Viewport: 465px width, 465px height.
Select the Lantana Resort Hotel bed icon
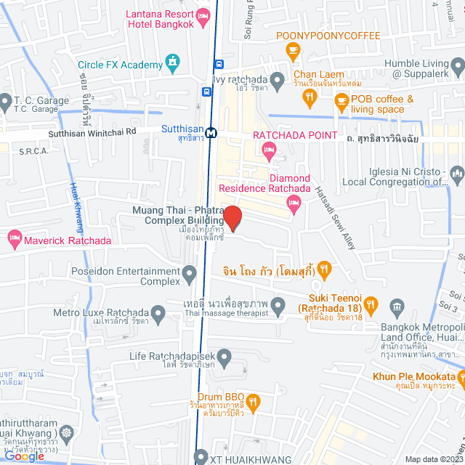pyautogui.click(x=204, y=15)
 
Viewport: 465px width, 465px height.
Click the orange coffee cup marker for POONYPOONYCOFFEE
pyautogui.click(x=293, y=50)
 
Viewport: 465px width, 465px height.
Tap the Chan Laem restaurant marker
pyautogui.click(x=310, y=96)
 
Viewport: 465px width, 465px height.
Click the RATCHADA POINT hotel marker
pyautogui.click(x=269, y=151)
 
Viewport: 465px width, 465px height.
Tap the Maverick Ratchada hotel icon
pyautogui.click(x=14, y=238)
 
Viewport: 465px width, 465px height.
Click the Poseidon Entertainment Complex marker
pyautogui.click(x=190, y=275)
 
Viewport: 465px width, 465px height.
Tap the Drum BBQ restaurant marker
pyautogui.click(x=253, y=400)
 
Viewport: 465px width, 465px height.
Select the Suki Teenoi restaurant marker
pyautogui.click(x=371, y=304)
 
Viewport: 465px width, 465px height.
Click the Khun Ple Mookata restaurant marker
pyautogui.click(x=461, y=376)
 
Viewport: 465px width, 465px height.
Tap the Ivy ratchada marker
pyautogui.click(x=277, y=79)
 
